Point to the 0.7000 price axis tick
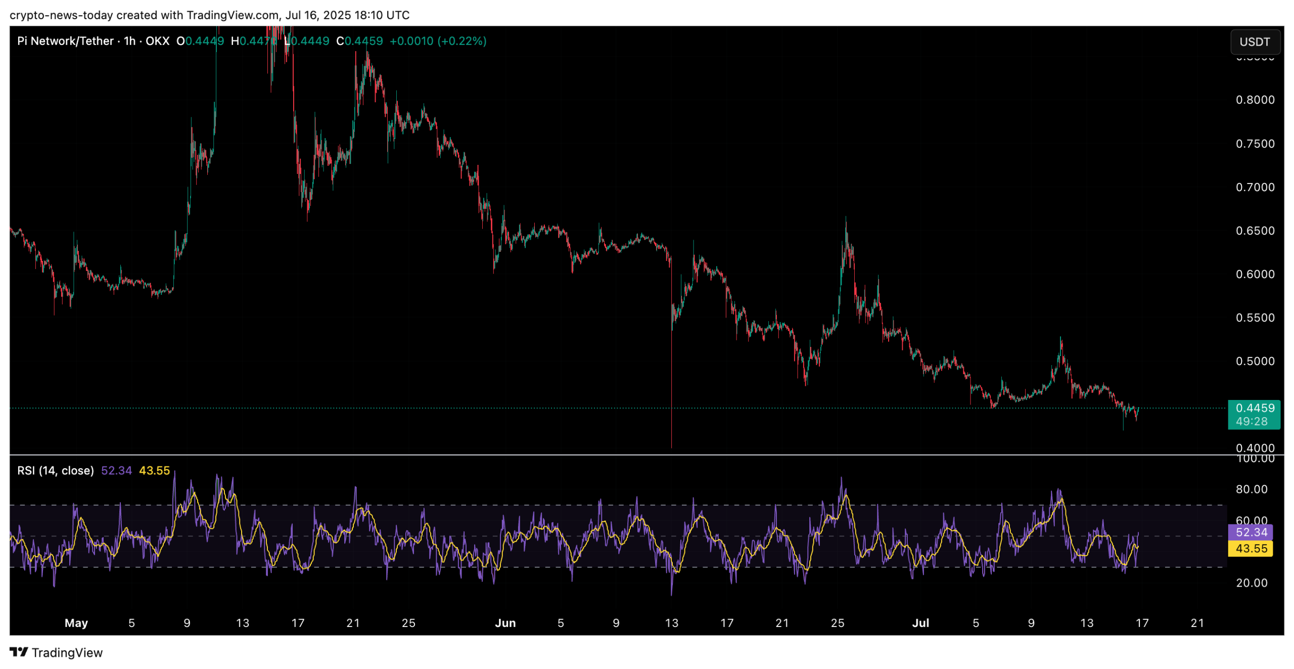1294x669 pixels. (1254, 187)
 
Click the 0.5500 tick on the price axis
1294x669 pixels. (1254, 318)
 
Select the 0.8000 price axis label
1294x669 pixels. (1254, 100)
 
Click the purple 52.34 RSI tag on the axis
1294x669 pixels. (1251, 532)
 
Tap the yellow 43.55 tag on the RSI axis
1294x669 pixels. (1251, 548)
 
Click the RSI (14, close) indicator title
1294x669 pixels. (56, 471)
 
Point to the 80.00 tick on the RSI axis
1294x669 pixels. (1251, 489)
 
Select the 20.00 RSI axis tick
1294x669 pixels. (1251, 583)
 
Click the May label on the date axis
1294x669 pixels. (76, 623)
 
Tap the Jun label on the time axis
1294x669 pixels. (505, 623)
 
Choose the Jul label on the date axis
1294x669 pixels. (920, 623)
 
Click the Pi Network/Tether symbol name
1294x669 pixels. (65, 41)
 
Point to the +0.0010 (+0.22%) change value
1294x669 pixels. (438, 41)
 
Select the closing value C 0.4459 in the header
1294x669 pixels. (360, 41)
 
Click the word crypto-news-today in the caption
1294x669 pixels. (61, 15)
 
